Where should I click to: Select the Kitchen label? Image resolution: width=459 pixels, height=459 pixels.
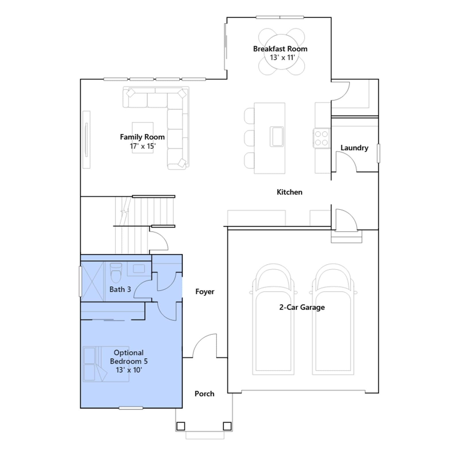click(x=289, y=192)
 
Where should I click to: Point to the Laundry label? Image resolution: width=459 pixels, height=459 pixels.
click(x=354, y=148)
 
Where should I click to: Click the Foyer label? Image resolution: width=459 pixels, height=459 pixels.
click(x=205, y=292)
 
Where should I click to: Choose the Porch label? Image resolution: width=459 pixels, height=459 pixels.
click(x=205, y=394)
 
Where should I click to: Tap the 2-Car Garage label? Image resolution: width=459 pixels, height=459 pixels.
click(x=302, y=307)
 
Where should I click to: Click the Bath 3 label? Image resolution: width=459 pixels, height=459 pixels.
click(x=120, y=289)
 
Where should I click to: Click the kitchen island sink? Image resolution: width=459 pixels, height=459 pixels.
click(x=277, y=137)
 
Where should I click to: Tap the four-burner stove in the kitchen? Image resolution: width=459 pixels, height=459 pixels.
click(x=321, y=138)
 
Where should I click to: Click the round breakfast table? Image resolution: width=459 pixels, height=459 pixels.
click(x=282, y=52)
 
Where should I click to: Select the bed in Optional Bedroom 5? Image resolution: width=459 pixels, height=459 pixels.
click(x=106, y=364)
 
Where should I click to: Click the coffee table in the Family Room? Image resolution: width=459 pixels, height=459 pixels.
click(x=143, y=138)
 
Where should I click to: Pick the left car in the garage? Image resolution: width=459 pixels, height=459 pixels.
click(x=273, y=319)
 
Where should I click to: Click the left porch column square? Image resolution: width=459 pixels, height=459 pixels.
click(x=181, y=426)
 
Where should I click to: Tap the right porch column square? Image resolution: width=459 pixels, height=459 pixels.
click(x=227, y=426)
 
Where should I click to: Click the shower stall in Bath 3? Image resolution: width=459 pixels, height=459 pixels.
click(x=92, y=281)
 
